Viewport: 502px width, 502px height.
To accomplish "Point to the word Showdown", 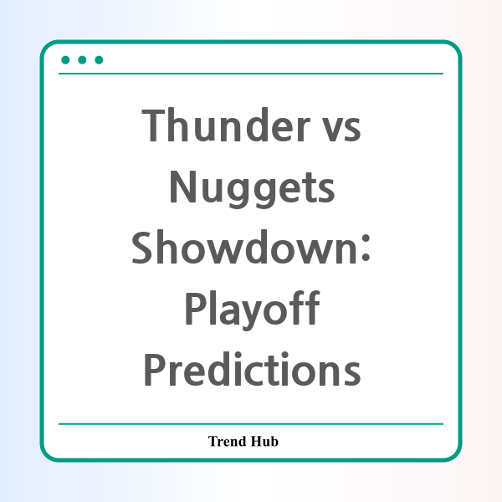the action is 244,247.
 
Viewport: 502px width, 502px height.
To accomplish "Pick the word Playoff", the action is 252,310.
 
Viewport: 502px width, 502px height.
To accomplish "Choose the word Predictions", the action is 252,369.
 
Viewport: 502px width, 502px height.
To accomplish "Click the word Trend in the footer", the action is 227,441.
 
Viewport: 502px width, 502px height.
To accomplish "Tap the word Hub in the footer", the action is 264,441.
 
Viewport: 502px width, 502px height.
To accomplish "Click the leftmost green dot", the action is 65,60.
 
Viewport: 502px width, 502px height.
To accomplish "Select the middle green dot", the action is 82,60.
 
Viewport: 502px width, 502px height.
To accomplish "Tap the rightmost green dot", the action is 99,60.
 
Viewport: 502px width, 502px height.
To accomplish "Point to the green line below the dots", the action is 251,74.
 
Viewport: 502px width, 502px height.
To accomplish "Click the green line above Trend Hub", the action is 251,424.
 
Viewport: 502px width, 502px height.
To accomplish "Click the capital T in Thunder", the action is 153,125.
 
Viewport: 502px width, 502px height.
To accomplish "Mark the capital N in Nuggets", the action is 182,187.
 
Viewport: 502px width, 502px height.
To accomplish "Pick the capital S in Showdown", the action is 141,248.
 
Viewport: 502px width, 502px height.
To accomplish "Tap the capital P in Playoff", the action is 195,309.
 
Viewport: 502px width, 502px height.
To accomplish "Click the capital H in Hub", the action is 256,441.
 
